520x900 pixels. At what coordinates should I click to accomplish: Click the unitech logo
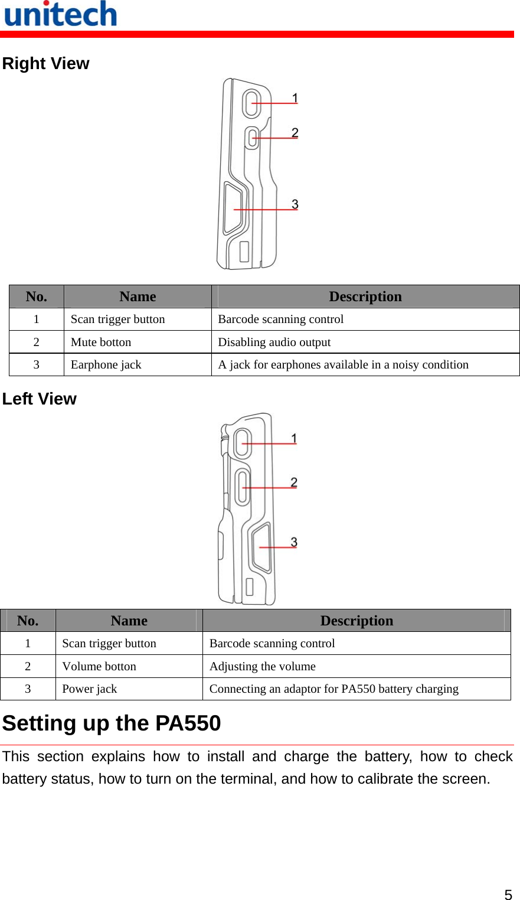pos(61,14)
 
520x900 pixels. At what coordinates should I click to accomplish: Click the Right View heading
pos(46,63)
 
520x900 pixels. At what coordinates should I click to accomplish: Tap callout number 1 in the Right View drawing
pos(295,98)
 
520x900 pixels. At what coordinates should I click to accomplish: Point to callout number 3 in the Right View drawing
pos(295,204)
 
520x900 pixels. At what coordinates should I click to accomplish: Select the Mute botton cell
pos(101,342)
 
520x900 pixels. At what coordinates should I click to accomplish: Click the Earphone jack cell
pos(106,364)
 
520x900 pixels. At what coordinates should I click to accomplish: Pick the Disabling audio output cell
pos(274,342)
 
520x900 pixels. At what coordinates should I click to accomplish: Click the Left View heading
pos(40,399)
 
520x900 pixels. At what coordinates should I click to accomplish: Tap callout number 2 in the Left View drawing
pos(294,482)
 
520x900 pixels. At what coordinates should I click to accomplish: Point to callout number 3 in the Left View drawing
pos(294,542)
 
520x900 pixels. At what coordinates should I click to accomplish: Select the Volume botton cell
pos(99,666)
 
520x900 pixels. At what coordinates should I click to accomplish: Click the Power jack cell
pos(90,689)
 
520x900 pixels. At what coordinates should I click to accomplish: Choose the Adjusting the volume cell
pos(263,666)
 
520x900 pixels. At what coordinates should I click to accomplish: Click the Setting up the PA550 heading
pos(112,723)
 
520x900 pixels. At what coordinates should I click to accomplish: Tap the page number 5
pos(508,894)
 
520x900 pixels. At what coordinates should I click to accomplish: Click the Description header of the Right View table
pos(365,296)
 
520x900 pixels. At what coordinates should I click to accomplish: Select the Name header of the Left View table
pos(129,621)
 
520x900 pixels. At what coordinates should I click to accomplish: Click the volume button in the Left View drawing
pos(242,487)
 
